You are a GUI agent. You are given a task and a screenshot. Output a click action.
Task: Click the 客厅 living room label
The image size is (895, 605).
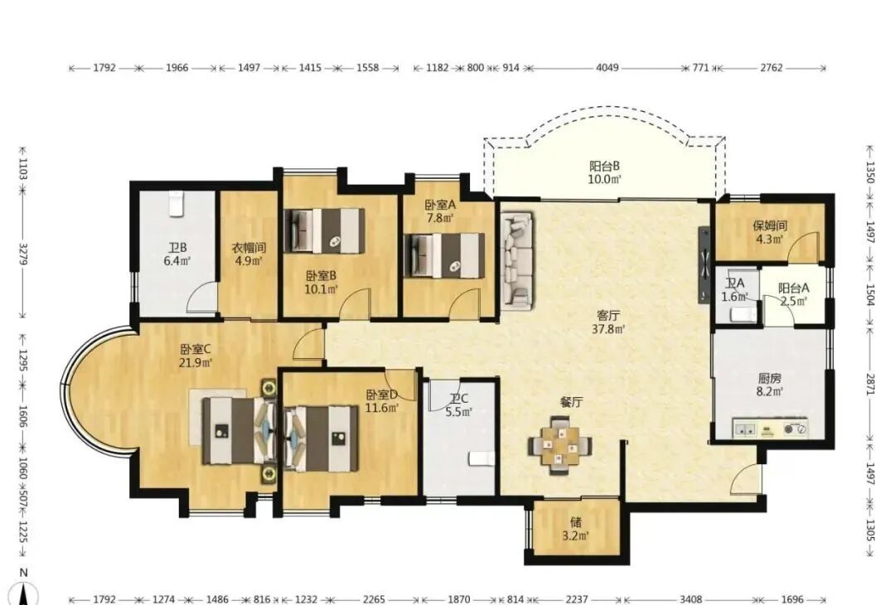pos(608,315)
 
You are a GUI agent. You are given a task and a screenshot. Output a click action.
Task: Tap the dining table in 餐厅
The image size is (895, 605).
pos(560,446)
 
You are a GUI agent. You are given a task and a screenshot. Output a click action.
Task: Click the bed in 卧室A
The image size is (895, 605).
pos(444,255)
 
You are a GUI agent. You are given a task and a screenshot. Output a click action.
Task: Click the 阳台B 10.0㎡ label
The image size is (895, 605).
pos(605,172)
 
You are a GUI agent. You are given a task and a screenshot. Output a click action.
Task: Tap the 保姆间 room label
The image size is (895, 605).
pos(769,225)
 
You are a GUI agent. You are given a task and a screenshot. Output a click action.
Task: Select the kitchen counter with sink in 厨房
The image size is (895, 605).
pos(770,428)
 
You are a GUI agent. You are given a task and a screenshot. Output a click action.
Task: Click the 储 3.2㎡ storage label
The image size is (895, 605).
pos(576,529)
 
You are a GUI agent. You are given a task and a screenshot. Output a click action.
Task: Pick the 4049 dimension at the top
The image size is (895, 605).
pos(607,67)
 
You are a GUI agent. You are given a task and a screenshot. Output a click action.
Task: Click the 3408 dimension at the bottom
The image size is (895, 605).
pos(690,598)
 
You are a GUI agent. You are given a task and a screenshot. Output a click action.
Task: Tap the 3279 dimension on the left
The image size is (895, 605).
pos(23,254)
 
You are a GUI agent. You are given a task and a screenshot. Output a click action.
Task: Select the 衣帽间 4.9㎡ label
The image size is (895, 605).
pos(249,254)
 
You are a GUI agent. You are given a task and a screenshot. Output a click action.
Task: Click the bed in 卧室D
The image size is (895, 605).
pos(321,438)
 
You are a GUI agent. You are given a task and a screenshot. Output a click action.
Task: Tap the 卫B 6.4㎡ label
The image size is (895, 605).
pos(177,254)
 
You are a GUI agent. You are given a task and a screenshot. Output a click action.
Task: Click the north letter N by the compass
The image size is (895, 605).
pos(23,573)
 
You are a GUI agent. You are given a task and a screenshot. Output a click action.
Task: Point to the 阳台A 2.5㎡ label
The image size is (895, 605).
pos(793,294)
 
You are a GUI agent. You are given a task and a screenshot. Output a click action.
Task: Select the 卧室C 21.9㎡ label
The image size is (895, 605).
pos(196,355)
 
